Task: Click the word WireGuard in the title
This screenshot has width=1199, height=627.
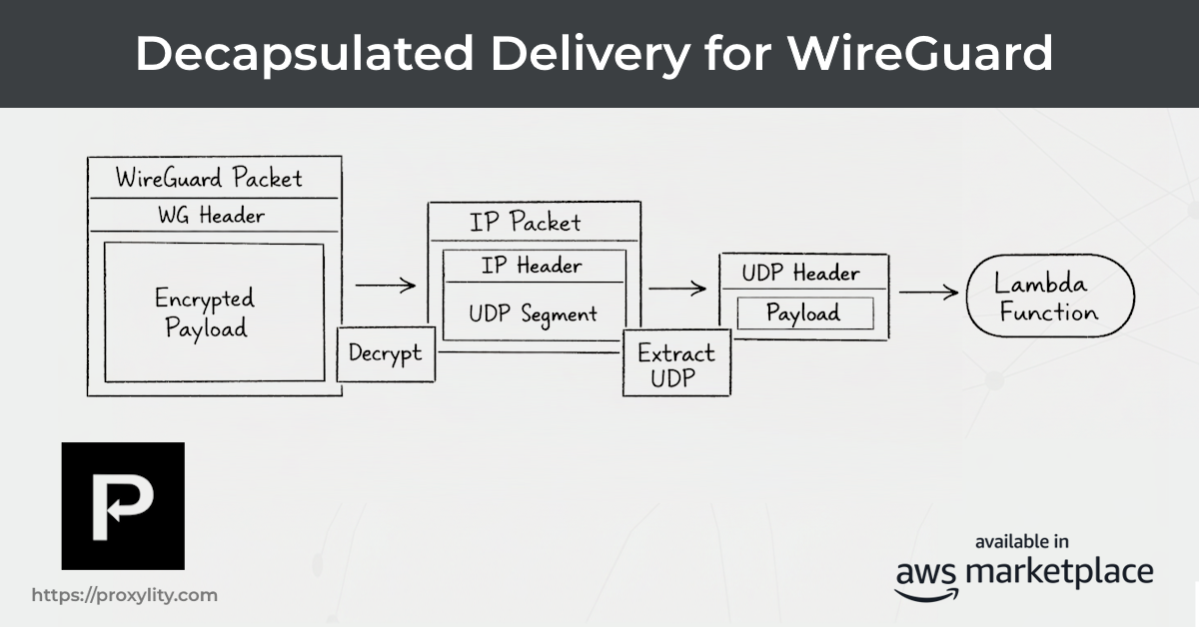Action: click(919, 53)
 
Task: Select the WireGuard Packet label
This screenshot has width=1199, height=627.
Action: click(209, 179)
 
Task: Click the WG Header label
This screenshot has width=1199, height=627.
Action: click(211, 215)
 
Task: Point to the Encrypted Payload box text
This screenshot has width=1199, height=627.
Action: click(205, 313)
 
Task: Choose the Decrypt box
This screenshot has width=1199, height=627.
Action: click(385, 353)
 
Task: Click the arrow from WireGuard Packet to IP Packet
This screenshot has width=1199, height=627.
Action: click(385, 286)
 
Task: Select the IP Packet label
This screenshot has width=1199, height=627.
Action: click(525, 222)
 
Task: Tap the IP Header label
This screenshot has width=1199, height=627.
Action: click(531, 266)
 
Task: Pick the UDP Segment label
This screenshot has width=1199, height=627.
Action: click(533, 313)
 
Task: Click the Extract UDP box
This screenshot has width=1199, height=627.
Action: click(675, 365)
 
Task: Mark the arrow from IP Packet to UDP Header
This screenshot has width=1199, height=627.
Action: click(676, 289)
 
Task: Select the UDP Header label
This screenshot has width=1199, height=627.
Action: click(800, 274)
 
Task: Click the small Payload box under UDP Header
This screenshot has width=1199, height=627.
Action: click(803, 313)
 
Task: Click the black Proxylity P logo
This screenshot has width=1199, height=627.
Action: click(123, 505)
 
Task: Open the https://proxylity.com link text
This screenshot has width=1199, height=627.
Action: click(124, 595)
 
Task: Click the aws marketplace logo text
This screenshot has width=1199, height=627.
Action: click(1023, 574)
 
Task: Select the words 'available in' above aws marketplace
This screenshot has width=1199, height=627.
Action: click(1022, 541)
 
